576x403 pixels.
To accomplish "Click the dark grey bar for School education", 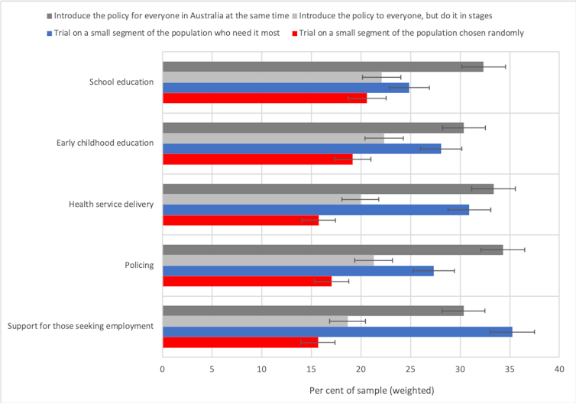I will click(321, 66).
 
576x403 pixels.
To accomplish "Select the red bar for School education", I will click(264, 98).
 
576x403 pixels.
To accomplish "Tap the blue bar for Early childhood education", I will click(301, 148).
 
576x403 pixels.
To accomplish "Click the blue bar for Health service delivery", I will click(315, 209).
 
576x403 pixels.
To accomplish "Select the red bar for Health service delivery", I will click(240, 220).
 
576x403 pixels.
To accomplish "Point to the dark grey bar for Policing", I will click(332, 250).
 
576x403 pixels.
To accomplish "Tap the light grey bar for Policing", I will click(267, 260).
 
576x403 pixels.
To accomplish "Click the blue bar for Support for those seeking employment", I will click(336, 331).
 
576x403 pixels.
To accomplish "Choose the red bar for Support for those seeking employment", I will click(239, 342).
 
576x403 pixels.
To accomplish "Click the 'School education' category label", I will click(121, 82).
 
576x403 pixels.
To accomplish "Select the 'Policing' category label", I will click(138, 265).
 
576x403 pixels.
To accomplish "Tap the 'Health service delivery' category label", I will click(111, 204).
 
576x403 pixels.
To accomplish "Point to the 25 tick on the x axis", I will click(410, 368).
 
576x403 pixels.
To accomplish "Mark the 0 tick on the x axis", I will click(163, 368).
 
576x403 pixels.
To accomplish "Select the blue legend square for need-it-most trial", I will click(50, 33).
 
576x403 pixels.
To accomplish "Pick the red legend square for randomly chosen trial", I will click(293, 33).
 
